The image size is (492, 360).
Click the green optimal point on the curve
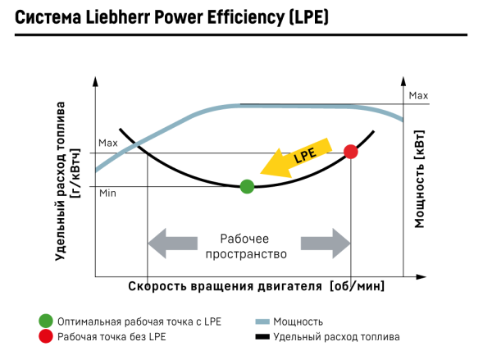click(247, 186)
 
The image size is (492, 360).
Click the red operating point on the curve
click(351, 151)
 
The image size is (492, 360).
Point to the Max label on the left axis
click(108, 143)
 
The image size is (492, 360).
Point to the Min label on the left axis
click(107, 193)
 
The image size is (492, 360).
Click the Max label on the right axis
click(418, 96)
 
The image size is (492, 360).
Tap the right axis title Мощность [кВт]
click(420, 173)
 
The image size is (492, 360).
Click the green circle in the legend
click(46, 321)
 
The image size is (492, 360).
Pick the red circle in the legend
click(46, 337)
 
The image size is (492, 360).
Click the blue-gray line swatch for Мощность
click(262, 321)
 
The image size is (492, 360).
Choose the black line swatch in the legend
click(262, 337)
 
